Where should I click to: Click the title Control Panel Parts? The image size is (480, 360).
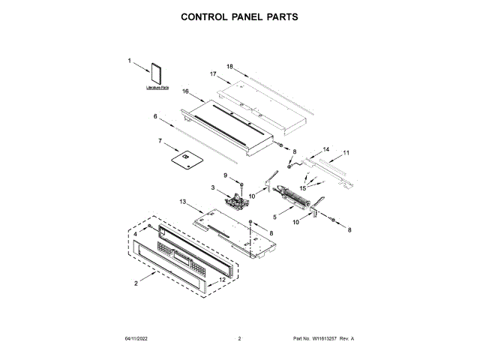(x=239, y=16)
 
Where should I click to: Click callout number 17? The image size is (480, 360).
(x=213, y=74)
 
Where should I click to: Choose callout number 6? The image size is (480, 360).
(x=156, y=116)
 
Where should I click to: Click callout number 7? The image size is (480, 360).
(x=160, y=140)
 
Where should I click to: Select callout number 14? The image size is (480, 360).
(x=325, y=149)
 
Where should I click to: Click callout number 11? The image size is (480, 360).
(x=346, y=153)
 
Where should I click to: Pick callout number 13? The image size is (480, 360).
(x=182, y=202)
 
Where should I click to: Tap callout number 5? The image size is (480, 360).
(x=274, y=217)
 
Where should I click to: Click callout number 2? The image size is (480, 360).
(x=136, y=283)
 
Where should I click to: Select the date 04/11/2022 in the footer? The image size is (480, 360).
(x=137, y=339)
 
